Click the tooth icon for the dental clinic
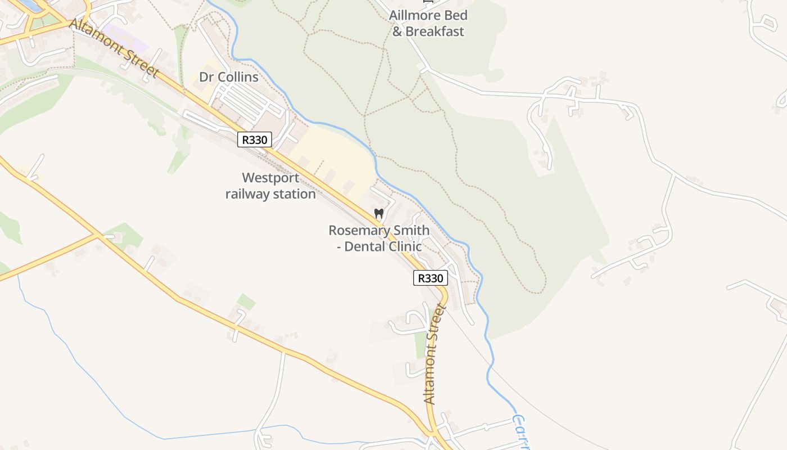(x=379, y=214)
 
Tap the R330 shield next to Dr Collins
(x=255, y=139)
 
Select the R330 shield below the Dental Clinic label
(x=431, y=278)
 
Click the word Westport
(x=270, y=178)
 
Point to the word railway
(x=247, y=194)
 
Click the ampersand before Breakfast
(x=397, y=31)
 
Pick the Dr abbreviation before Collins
(x=206, y=77)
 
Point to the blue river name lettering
(x=522, y=433)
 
